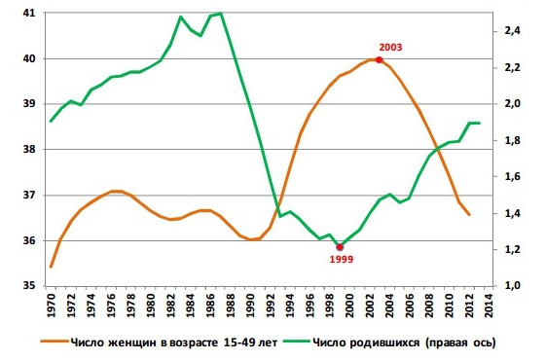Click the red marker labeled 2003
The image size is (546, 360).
click(379, 60)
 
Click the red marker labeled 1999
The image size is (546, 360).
click(339, 247)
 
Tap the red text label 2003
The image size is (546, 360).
click(391, 46)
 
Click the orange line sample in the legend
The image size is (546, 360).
click(60, 341)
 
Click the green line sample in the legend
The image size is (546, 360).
click(295, 341)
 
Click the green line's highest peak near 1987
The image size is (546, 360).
click(221, 14)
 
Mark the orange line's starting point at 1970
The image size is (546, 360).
click(51, 267)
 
